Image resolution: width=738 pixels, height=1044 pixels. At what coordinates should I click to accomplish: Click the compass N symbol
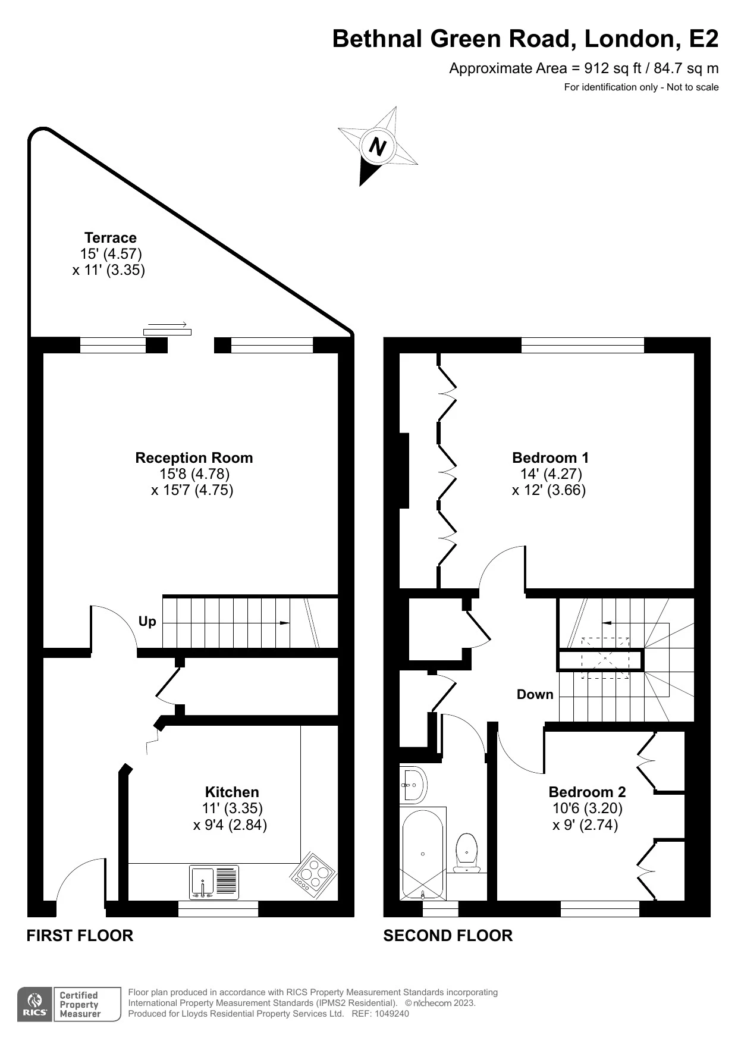pos(377,146)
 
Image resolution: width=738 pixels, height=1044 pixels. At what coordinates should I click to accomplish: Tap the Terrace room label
pos(110,238)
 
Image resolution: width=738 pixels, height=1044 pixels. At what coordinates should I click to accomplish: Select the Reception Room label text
pos(194,458)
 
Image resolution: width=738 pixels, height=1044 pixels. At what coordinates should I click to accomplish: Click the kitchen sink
pos(203,882)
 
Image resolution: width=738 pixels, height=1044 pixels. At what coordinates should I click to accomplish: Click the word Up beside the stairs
pos(147,622)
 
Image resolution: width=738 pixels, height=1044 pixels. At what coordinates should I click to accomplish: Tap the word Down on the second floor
pos(535,695)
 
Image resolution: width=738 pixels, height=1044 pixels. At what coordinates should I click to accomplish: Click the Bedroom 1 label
pos(550,458)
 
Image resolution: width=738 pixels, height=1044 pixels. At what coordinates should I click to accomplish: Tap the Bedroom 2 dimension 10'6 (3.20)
pos(587,808)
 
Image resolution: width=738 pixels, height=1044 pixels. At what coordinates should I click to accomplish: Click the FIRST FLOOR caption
pos(80,936)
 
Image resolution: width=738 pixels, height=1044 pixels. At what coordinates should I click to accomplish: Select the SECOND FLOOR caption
pos(448,936)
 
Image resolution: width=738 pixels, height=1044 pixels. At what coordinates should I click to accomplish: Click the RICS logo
pos(34,1005)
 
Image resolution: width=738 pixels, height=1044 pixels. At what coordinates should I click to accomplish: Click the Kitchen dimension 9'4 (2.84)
pos(230,825)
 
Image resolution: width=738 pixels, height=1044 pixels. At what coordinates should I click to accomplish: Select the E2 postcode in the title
pos(704,39)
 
